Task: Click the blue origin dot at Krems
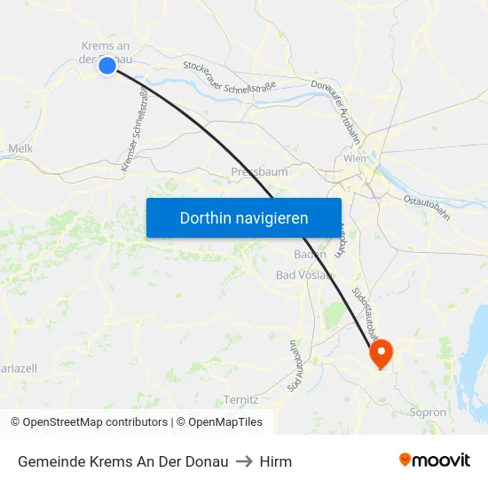point(107,65)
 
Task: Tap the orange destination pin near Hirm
point(382,354)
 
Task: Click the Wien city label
point(355,159)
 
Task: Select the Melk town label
point(20,149)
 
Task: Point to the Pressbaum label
point(259,172)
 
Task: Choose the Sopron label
point(429,413)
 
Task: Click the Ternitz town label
point(241,399)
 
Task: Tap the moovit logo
point(434,460)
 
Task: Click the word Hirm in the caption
point(276,461)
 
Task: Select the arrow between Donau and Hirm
point(244,461)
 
